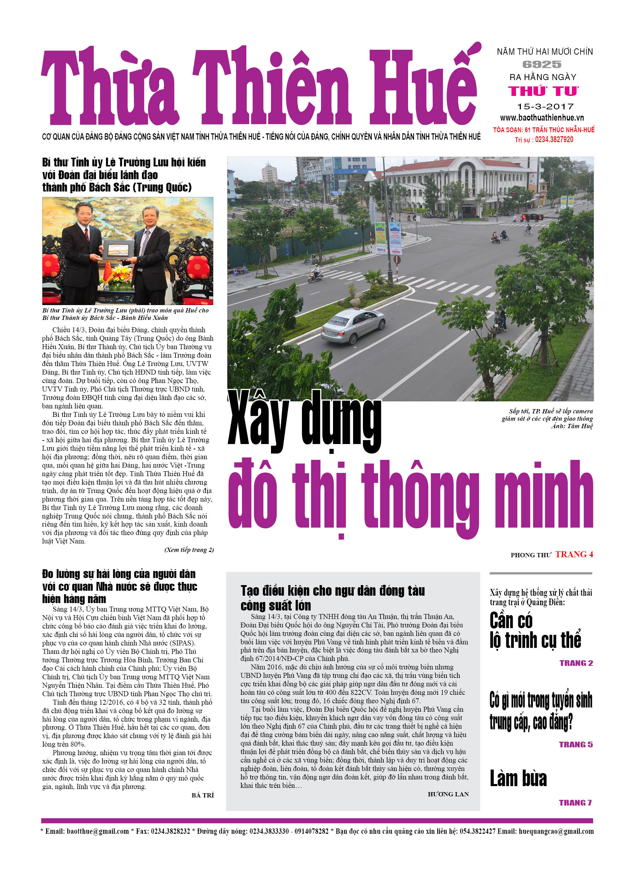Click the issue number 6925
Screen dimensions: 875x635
click(542, 65)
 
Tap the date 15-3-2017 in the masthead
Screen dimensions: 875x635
click(545, 106)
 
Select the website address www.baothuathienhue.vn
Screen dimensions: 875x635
click(542, 118)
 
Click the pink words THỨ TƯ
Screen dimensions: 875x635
click(543, 91)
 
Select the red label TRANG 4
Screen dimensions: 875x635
click(574, 554)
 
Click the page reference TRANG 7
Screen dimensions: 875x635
click(575, 802)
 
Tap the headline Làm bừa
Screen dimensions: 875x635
click(518, 777)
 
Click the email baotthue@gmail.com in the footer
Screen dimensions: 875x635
click(98, 831)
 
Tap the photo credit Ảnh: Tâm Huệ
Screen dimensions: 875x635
click(572, 426)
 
